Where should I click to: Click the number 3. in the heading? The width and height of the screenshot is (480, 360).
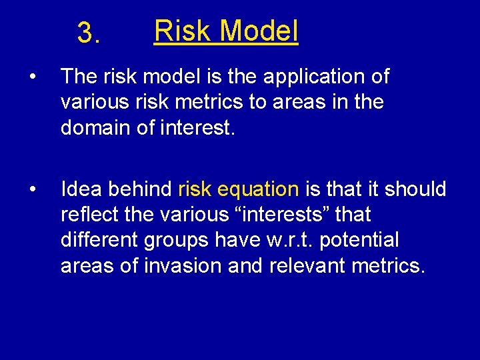click(89, 33)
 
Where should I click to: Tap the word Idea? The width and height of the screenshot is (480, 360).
click(83, 190)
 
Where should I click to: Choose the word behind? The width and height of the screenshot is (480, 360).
click(141, 190)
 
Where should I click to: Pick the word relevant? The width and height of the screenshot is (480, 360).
click(310, 266)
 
